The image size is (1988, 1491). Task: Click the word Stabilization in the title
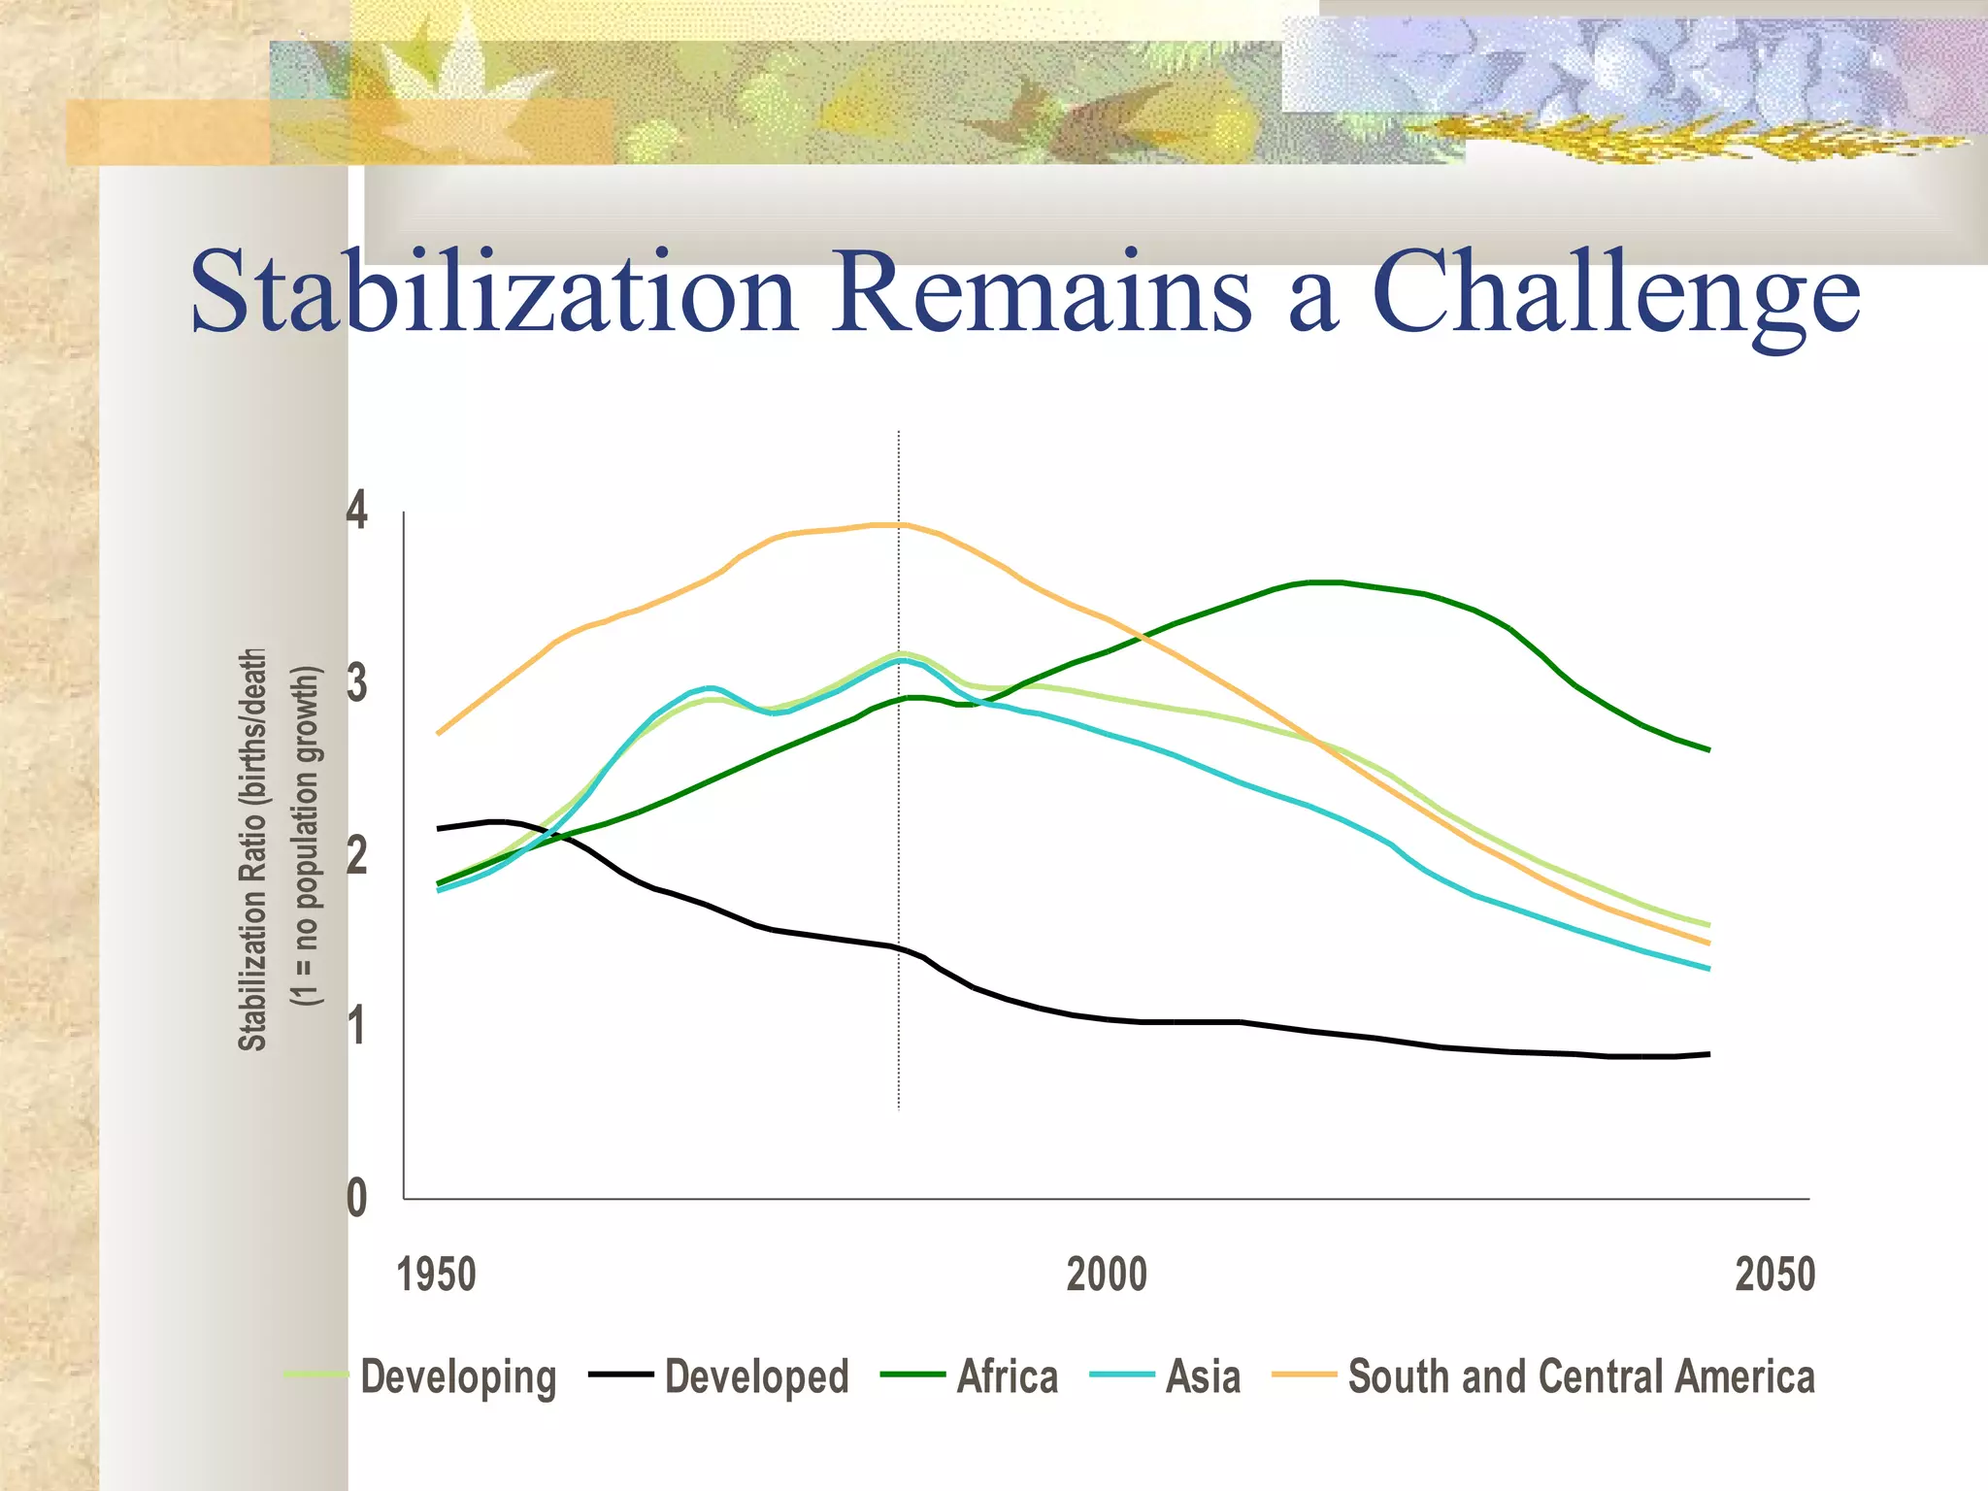(x=493, y=291)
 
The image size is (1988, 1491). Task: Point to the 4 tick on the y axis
(x=357, y=511)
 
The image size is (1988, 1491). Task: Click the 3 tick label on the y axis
(x=357, y=683)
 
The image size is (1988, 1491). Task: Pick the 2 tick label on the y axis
(x=357, y=855)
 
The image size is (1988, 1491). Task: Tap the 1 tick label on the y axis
(x=357, y=1026)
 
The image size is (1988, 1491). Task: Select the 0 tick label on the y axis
(x=357, y=1198)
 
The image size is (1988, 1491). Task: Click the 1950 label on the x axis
(x=436, y=1275)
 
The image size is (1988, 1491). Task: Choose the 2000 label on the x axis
(x=1107, y=1275)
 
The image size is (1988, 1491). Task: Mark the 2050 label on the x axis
(x=1774, y=1275)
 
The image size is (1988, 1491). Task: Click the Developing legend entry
(x=457, y=1377)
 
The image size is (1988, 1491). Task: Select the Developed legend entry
(x=756, y=1377)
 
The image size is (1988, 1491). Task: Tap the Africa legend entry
(x=1007, y=1377)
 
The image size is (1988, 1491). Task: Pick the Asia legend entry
(x=1203, y=1377)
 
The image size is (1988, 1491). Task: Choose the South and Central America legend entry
(x=1580, y=1377)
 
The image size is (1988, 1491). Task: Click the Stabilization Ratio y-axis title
(x=252, y=849)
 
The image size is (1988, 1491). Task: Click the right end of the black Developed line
(x=1707, y=1053)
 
